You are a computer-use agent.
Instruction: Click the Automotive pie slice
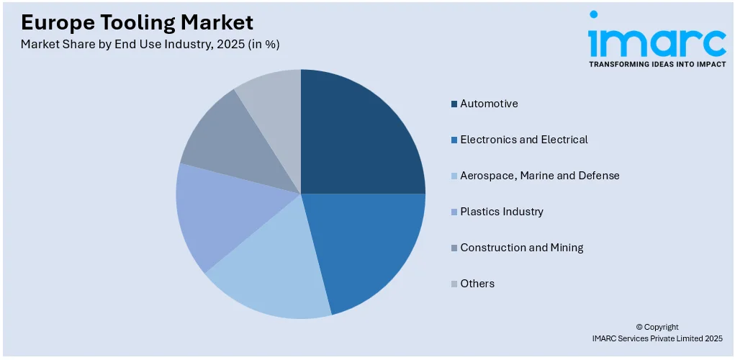click(x=360, y=137)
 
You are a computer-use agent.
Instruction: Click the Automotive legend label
click(x=489, y=104)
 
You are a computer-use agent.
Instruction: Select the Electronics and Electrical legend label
click(x=523, y=140)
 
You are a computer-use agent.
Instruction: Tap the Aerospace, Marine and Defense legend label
click(x=539, y=176)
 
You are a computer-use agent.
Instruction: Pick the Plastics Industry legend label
click(x=502, y=212)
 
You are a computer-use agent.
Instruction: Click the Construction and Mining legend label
click(x=521, y=248)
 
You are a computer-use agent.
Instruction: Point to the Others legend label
click(x=477, y=284)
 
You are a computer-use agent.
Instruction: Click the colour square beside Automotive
click(x=454, y=104)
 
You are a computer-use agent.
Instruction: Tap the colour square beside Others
click(x=454, y=284)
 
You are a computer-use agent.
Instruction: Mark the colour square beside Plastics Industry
click(x=454, y=212)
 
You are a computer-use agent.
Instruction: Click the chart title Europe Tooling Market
click(x=137, y=22)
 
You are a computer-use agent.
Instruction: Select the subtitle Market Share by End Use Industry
click(x=150, y=45)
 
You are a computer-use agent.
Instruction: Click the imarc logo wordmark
click(x=657, y=42)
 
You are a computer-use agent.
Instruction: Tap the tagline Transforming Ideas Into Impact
click(x=657, y=64)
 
